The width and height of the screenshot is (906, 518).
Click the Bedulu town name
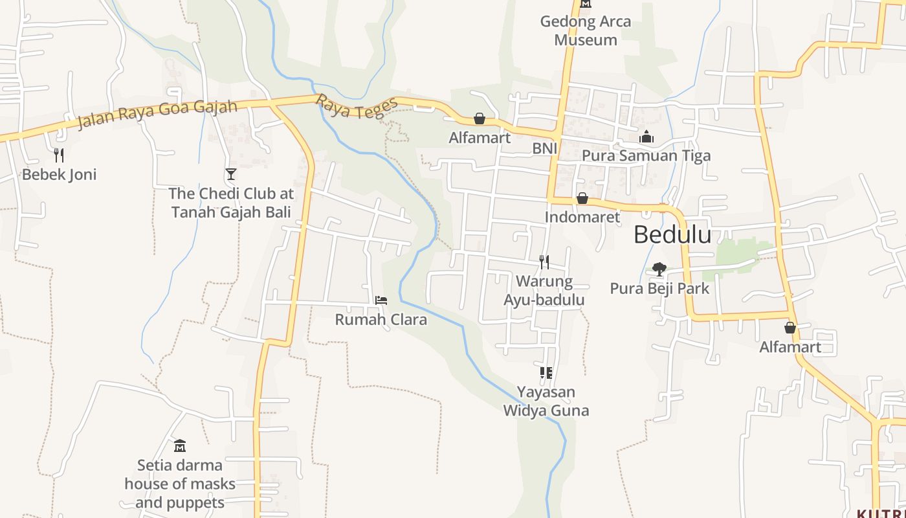672,234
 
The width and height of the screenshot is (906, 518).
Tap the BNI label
544,148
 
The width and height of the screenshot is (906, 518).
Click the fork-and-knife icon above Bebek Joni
59,155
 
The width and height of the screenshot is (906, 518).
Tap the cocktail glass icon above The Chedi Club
230,174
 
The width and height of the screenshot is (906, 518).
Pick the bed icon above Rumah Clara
381,300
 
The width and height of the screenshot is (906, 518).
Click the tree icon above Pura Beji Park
659,269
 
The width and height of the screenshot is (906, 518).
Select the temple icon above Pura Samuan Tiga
646,137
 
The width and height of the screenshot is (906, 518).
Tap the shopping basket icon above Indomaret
582,198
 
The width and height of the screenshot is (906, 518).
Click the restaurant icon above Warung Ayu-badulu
544,262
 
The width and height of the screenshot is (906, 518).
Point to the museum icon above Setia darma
180,445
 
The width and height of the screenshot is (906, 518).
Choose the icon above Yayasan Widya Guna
546,373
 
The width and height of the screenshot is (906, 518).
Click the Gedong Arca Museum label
586,30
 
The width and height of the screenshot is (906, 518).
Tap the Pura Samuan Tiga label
646,155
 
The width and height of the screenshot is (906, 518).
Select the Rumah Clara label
381,319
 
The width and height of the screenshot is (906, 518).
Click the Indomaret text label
582,217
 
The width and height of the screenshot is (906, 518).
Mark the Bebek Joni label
59,174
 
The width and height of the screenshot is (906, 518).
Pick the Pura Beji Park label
659,288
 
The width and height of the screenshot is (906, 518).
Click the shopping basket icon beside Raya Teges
480,118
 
